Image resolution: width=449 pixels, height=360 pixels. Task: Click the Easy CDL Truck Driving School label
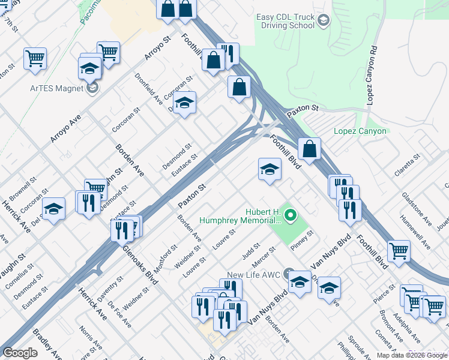point(285,22)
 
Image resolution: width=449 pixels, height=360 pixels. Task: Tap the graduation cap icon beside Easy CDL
point(324,22)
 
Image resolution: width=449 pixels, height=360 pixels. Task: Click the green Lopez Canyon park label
point(361,131)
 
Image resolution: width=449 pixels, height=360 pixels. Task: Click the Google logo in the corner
point(20,353)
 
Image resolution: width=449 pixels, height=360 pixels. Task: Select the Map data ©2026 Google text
point(411,355)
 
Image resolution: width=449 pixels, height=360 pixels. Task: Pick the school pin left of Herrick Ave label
point(54,209)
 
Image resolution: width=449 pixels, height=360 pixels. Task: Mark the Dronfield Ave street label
point(148,89)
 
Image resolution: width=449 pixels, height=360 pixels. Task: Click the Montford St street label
point(166,256)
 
